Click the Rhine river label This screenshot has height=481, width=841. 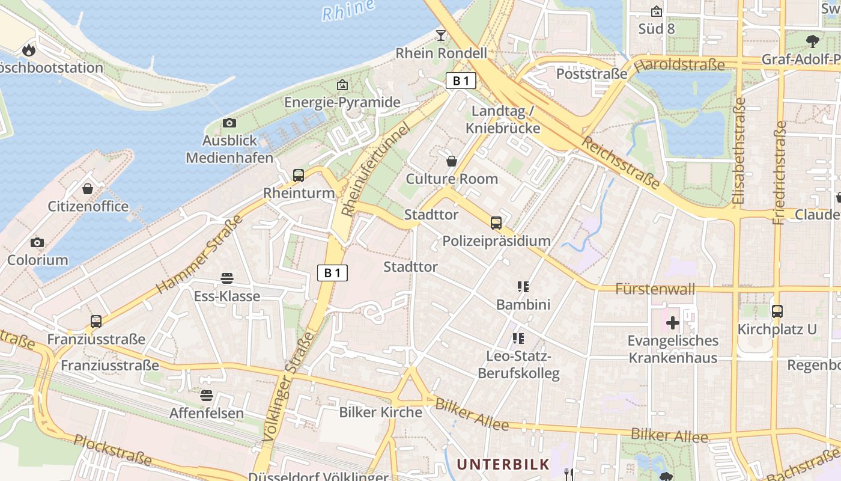coord(348,10)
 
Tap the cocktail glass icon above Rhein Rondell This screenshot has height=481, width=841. coord(441,35)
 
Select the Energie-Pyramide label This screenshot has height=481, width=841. coord(342,102)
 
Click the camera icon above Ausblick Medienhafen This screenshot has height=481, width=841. coord(229,123)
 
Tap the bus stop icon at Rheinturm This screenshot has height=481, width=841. coord(299,175)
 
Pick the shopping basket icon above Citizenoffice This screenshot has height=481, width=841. coord(88,189)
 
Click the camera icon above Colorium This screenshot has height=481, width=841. coord(37,242)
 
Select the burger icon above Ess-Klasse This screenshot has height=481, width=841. coord(227,278)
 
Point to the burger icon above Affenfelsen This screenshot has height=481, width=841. coord(207,395)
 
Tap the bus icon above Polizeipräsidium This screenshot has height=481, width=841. coord(496,223)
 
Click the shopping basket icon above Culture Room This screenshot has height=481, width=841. coord(452,161)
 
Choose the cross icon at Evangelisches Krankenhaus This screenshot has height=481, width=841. coord(673,323)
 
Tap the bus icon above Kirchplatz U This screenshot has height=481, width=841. coord(777,311)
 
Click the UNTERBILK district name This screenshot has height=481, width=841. coord(503,464)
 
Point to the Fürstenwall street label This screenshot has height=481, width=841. coord(655,289)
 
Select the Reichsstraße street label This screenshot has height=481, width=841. coord(621,161)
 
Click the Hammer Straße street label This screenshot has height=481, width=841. coord(199,254)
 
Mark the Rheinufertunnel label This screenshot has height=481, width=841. coord(375,170)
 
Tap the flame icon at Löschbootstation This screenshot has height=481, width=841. coord(29,50)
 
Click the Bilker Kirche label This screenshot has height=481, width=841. coord(381,412)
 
